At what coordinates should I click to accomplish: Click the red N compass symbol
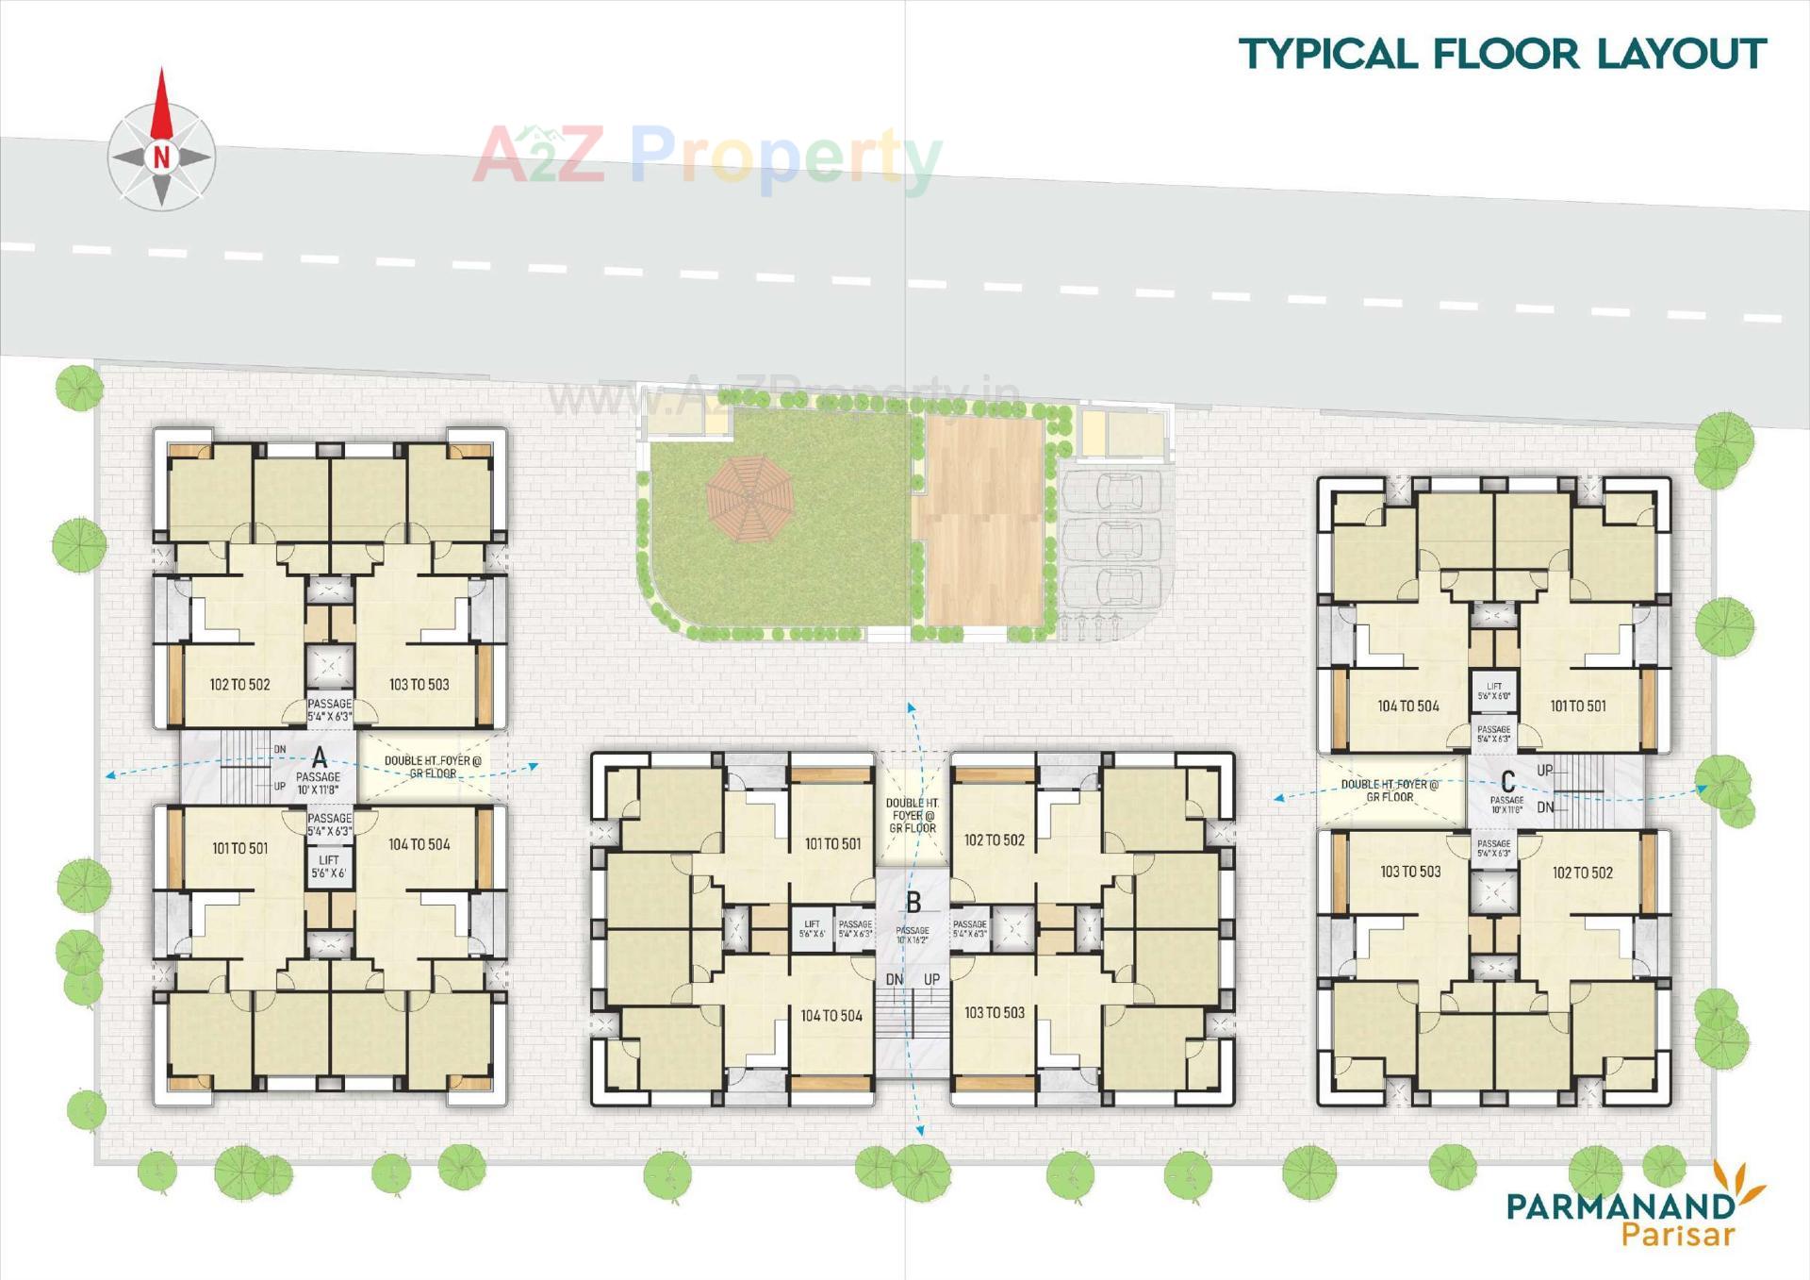click(x=161, y=156)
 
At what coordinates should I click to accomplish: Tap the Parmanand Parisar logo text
click(x=1621, y=1218)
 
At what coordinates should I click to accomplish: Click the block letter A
click(x=320, y=757)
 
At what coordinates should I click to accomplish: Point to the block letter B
click(x=913, y=903)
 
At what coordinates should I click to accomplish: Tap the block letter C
click(x=1507, y=782)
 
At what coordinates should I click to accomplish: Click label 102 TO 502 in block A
click(x=239, y=685)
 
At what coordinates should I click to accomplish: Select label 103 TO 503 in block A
click(x=419, y=685)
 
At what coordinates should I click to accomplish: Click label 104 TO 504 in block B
click(x=831, y=1016)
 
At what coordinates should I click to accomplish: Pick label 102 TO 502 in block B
click(x=994, y=839)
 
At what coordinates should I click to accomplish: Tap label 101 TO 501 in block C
click(x=1577, y=706)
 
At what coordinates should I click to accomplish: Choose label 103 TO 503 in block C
click(x=1410, y=872)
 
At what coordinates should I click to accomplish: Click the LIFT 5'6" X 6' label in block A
click(x=329, y=867)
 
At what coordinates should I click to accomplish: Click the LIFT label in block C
click(x=1493, y=690)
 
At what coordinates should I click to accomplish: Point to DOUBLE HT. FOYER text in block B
click(x=913, y=815)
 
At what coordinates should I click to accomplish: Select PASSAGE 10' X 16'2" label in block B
click(x=913, y=935)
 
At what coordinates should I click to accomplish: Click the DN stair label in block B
click(x=894, y=980)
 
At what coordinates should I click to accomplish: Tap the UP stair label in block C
click(x=1544, y=771)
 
